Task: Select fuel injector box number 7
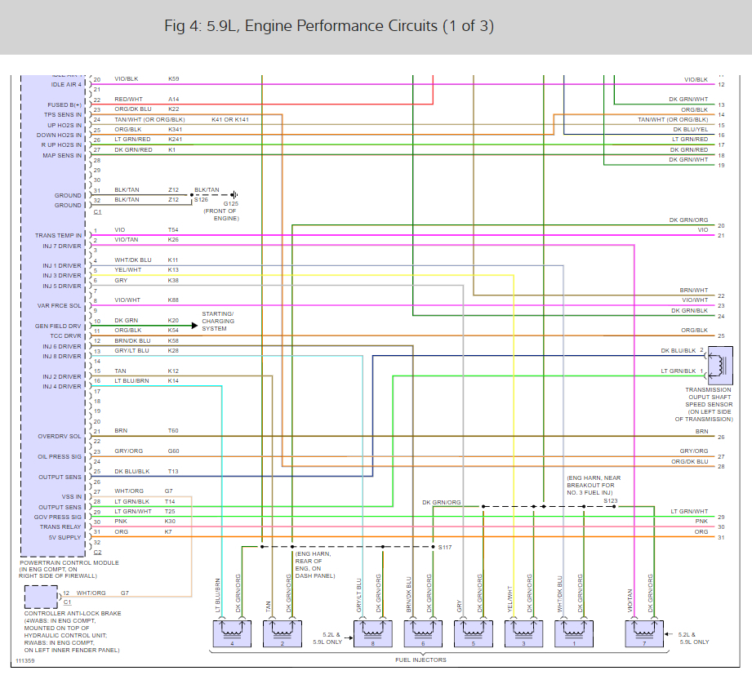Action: coord(645,633)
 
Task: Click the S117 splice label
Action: coord(444,547)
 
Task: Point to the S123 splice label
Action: coord(611,500)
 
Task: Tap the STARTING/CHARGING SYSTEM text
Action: coord(218,321)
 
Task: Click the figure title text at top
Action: coord(329,26)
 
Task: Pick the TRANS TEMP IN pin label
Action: coord(58,235)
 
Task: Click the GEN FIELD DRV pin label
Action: coord(58,326)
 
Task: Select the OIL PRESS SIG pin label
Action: coord(60,456)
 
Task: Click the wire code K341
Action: coord(176,129)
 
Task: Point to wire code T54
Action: coord(173,230)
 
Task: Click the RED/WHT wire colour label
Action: coord(128,99)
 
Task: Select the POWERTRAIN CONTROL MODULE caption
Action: coord(69,562)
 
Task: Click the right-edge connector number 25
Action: coord(721,335)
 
